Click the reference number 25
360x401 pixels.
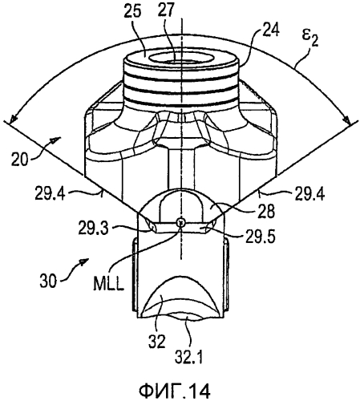click(132, 11)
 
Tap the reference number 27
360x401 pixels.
click(166, 10)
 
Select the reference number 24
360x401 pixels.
click(270, 30)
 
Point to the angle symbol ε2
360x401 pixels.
click(310, 38)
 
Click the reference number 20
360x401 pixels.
click(19, 159)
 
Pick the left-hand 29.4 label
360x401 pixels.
click(50, 193)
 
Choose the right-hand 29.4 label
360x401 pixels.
click(309, 193)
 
